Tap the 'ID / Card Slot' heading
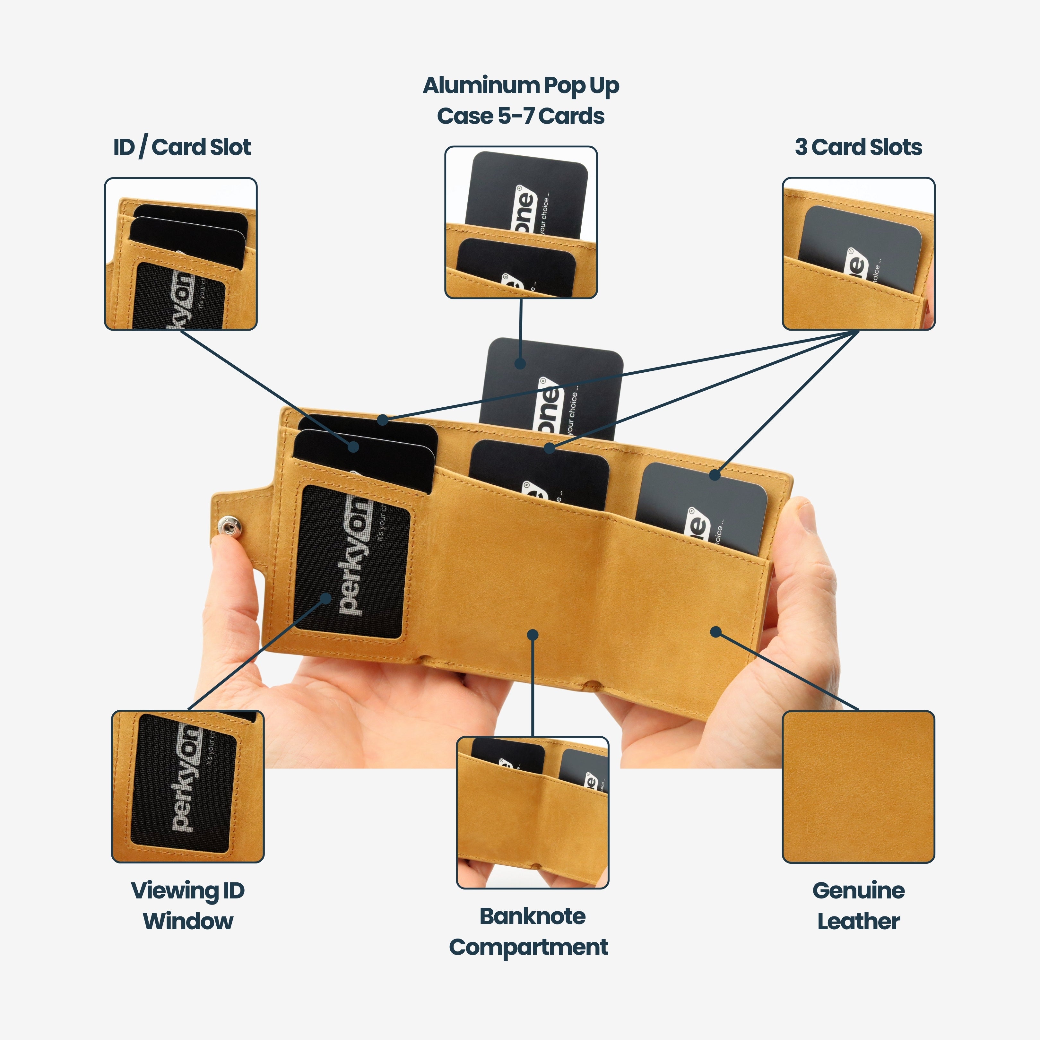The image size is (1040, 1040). pyautogui.click(x=182, y=147)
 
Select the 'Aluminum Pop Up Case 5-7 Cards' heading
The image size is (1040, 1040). pyautogui.click(x=521, y=101)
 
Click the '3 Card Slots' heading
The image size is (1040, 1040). pyautogui.click(x=858, y=147)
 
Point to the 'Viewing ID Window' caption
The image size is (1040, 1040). pyautogui.click(x=188, y=906)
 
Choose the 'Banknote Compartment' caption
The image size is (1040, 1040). pyautogui.click(x=529, y=932)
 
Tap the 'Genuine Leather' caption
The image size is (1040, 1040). pyautogui.click(x=858, y=906)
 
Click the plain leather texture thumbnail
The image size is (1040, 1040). pyautogui.click(x=858, y=786)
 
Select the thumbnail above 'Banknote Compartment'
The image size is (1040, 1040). pyautogui.click(x=533, y=812)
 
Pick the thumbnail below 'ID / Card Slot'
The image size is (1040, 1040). pyautogui.click(x=181, y=254)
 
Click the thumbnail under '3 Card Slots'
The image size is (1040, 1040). pyautogui.click(x=858, y=254)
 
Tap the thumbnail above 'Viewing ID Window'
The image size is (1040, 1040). pyautogui.click(x=188, y=786)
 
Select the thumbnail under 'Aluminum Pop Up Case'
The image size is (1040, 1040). pyautogui.click(x=521, y=222)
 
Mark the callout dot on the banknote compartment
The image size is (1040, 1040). pyautogui.click(x=533, y=635)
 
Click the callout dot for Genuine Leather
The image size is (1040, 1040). pyautogui.click(x=715, y=631)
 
